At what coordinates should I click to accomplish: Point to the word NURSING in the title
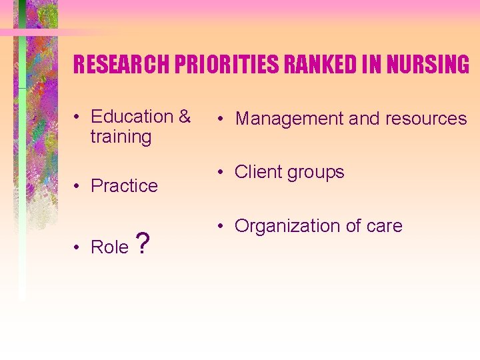click(421, 65)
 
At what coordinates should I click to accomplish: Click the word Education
click(132, 117)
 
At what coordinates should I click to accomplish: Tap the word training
click(121, 137)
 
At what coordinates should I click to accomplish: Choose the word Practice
click(124, 185)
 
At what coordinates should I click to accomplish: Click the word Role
click(109, 247)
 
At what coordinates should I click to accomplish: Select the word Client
click(259, 172)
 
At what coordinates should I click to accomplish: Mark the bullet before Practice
click(78, 186)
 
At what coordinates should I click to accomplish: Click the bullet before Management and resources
click(221, 119)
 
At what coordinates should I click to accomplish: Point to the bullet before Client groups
click(221, 173)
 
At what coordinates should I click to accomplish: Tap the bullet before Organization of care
click(221, 227)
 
